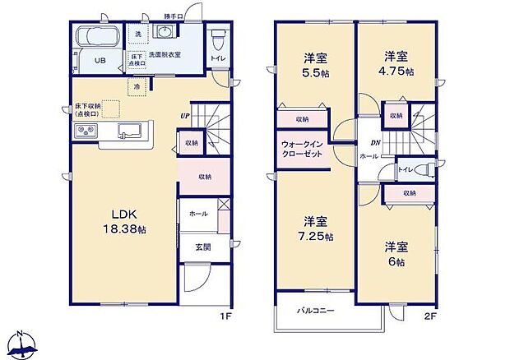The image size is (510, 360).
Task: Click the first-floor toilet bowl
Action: (x=218, y=39)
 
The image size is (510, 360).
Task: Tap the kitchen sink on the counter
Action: (x=131, y=132)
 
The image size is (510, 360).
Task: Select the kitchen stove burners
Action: (x=88, y=132)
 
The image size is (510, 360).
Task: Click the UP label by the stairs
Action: (x=186, y=116)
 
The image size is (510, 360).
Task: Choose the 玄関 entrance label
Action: (x=202, y=247)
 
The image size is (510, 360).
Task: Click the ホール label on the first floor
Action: (x=197, y=213)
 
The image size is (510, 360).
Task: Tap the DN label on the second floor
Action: (x=375, y=143)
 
